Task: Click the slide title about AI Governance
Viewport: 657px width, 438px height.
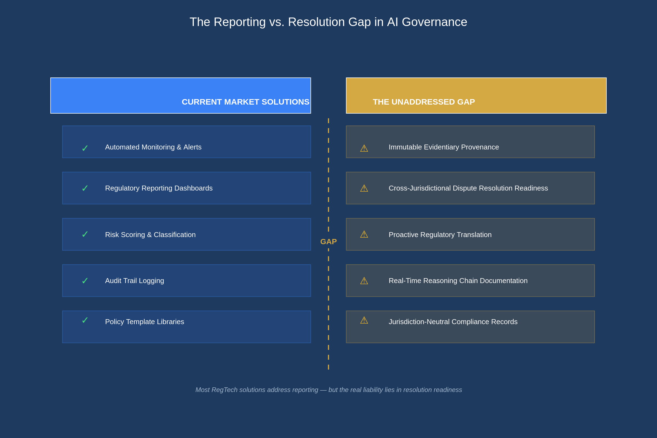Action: (328, 22)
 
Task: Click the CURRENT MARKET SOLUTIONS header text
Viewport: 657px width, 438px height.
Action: (245, 102)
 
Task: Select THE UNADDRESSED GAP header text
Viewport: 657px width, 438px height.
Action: (424, 102)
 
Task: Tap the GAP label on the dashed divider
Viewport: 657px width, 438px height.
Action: (328, 242)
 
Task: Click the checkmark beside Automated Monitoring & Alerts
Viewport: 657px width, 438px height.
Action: (85, 148)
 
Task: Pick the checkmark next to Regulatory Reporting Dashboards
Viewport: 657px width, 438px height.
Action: (85, 188)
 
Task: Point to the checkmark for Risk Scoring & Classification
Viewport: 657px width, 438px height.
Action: (85, 234)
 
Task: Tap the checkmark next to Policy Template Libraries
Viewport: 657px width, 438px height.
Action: (85, 320)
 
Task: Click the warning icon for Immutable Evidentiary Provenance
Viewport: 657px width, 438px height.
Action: (364, 148)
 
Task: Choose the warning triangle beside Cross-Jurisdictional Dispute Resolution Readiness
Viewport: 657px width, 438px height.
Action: (364, 189)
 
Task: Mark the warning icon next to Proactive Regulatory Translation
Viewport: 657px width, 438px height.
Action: (364, 234)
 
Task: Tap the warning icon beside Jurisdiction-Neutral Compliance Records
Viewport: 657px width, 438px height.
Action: (364, 320)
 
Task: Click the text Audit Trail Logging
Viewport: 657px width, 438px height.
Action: (134, 281)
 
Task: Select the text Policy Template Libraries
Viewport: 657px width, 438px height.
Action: (145, 322)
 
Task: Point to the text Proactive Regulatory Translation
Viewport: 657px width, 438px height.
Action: (440, 235)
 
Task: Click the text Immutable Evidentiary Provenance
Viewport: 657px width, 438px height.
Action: (443, 147)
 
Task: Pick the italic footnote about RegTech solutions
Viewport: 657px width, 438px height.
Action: (328, 390)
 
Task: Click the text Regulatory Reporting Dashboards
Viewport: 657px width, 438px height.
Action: (159, 188)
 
